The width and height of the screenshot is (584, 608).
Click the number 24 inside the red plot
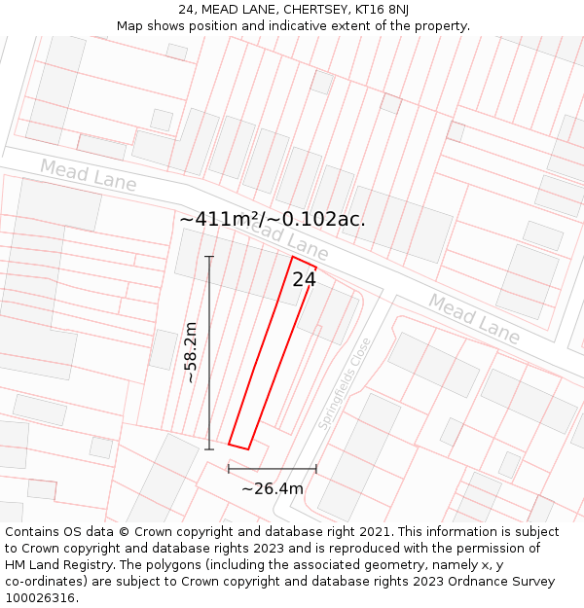coord(304,279)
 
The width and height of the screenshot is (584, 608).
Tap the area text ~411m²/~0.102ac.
coord(273,219)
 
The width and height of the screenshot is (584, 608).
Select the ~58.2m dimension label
coord(191,352)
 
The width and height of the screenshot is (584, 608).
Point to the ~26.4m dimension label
coord(273,488)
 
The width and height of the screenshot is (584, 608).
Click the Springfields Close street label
coord(345,384)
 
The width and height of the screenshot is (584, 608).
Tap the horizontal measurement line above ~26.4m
coord(273,469)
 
